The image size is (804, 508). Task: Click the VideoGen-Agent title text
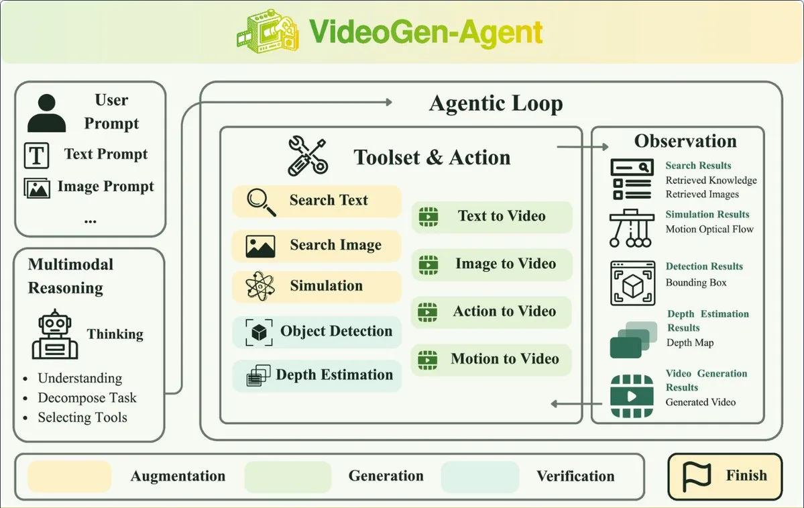[x=426, y=32]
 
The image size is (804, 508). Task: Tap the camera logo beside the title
[x=268, y=32]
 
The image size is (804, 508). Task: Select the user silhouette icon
[x=47, y=113]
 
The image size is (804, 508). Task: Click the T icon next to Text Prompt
[x=36, y=156]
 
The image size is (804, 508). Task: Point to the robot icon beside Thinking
[x=55, y=334]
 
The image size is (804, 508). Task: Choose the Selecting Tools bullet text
[x=82, y=417]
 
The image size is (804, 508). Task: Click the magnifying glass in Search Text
[x=261, y=202]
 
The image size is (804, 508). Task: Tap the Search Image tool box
[x=317, y=246]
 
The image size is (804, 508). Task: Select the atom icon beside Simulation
[x=260, y=286]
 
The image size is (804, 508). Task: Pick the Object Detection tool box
[x=317, y=332]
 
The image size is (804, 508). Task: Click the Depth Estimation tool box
[x=317, y=376]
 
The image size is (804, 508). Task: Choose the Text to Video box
[x=492, y=217]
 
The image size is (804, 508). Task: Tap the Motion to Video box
[x=492, y=359]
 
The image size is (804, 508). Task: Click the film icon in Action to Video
[x=428, y=312]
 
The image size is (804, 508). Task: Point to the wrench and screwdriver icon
[x=308, y=156]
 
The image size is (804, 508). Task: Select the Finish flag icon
[x=697, y=476]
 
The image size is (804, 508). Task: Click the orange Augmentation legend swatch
[x=69, y=476]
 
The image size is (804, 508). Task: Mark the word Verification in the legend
[x=575, y=476]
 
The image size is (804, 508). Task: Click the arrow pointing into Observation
[x=583, y=147]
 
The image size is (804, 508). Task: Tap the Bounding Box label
[x=696, y=283]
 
